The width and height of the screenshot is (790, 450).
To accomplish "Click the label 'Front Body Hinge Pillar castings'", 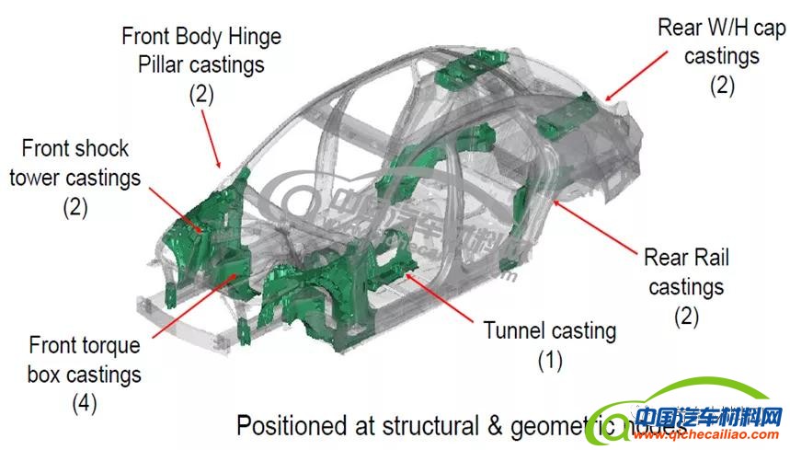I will (201, 51).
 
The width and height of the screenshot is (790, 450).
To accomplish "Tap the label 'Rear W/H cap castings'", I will (722, 41).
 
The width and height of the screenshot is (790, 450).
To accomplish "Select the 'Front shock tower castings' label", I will (75, 162).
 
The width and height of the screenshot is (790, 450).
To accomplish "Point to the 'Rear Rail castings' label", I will (686, 272).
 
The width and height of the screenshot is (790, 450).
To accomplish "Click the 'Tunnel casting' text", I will (550, 329).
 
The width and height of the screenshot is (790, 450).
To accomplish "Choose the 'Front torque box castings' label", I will (85, 360).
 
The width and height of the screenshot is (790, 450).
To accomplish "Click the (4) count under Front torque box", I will (85, 402).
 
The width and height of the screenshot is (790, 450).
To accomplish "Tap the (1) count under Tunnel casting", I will (550, 360).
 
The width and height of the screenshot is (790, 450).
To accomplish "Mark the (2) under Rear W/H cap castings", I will (722, 86).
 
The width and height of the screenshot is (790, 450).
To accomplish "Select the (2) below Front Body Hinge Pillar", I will (201, 94).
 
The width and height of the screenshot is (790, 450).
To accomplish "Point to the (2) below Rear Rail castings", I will (686, 317).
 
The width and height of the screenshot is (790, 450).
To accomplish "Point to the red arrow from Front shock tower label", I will (175, 208).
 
